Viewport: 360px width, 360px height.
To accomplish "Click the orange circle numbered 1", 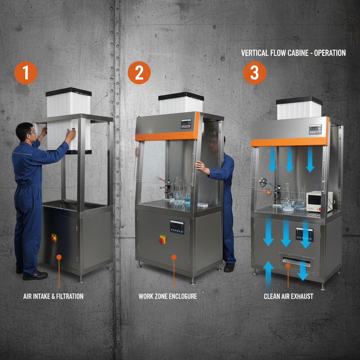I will point(26,73).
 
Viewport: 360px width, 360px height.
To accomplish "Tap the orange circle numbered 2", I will point(139,73).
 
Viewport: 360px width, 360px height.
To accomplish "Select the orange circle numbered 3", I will point(254,73).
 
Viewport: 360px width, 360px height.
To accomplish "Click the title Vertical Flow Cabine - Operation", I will point(293,53).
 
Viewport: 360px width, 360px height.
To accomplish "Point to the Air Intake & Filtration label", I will point(53,296).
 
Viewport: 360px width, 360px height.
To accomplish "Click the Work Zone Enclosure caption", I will point(168,296).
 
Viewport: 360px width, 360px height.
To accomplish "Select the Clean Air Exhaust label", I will point(288,296).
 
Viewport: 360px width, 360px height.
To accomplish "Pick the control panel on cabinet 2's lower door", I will point(177,227).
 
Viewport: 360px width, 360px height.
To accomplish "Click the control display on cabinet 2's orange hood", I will point(186,124).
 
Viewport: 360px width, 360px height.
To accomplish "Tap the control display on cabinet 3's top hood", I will point(315,129).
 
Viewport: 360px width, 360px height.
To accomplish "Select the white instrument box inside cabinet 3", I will point(319,201).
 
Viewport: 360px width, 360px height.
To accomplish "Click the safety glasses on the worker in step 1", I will point(32,132).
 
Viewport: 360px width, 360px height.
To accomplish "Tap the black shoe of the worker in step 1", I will point(35,276).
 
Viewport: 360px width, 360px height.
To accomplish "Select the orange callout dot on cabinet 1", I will point(59,257).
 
